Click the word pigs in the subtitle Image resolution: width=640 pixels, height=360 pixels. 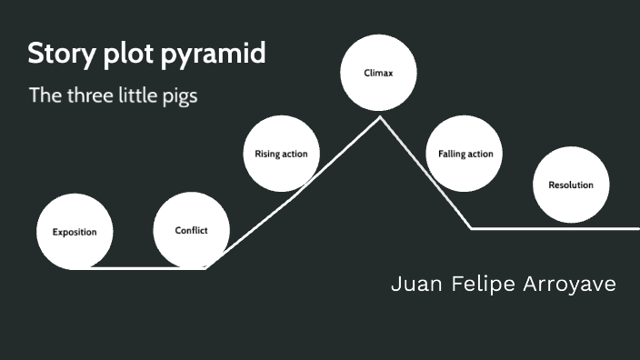(x=179, y=96)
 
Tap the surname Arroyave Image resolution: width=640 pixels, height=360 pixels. (x=570, y=285)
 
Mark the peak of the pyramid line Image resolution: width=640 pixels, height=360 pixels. (x=380, y=117)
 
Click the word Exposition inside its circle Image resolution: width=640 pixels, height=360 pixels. (x=75, y=232)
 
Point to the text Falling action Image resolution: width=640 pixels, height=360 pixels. (x=465, y=154)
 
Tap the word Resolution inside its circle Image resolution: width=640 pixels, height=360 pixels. (x=571, y=185)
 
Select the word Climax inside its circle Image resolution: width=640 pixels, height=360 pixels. (x=378, y=74)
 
